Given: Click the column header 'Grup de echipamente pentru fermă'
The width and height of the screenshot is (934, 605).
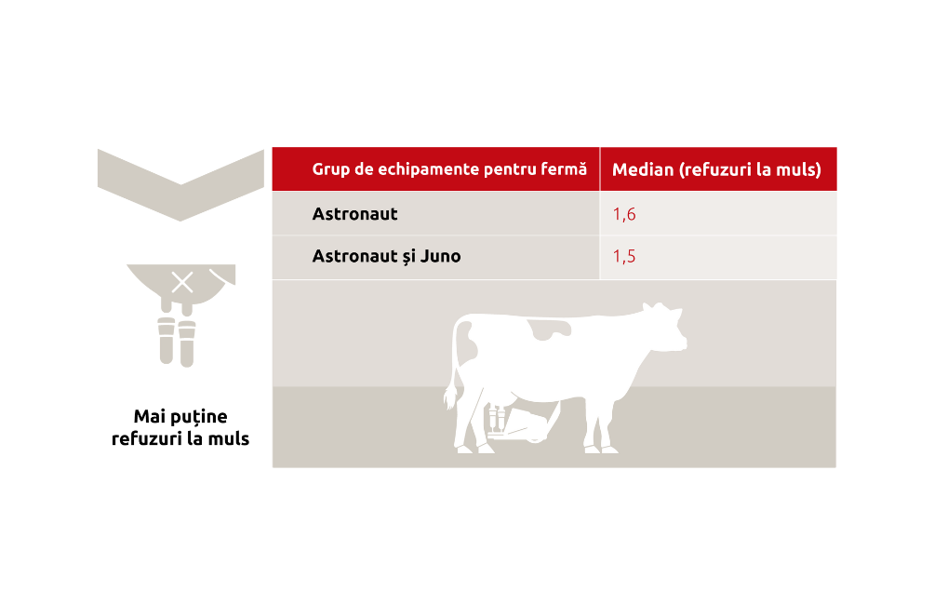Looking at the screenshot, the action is click(x=449, y=169).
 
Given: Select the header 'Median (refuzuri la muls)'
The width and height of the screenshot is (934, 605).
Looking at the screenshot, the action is click(x=716, y=170).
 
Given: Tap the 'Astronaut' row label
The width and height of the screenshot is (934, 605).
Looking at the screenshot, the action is click(x=354, y=214).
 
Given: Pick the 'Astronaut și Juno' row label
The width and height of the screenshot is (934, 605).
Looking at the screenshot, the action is click(x=386, y=256).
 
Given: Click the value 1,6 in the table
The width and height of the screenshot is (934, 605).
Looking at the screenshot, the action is click(x=624, y=215).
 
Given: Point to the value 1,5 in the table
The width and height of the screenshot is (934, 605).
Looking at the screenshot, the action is click(x=624, y=256).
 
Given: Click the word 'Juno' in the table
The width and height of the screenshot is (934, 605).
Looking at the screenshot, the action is click(x=440, y=256).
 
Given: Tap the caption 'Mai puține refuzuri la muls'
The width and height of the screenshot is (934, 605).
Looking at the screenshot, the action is click(x=180, y=427).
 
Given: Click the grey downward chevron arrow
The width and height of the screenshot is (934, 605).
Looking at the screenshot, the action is click(x=180, y=185).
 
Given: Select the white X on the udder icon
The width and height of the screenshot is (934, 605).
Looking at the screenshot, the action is click(x=182, y=283).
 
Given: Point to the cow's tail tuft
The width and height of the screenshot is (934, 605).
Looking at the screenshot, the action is click(x=451, y=396).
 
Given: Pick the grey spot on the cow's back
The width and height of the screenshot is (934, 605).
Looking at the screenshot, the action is click(x=549, y=329).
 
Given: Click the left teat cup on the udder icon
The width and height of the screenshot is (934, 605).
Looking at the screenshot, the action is click(x=167, y=341).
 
